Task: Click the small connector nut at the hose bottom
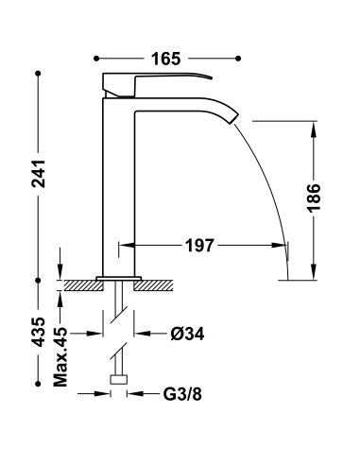pyautogui.click(x=119, y=380)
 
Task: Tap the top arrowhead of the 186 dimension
pyautogui.click(x=313, y=126)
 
